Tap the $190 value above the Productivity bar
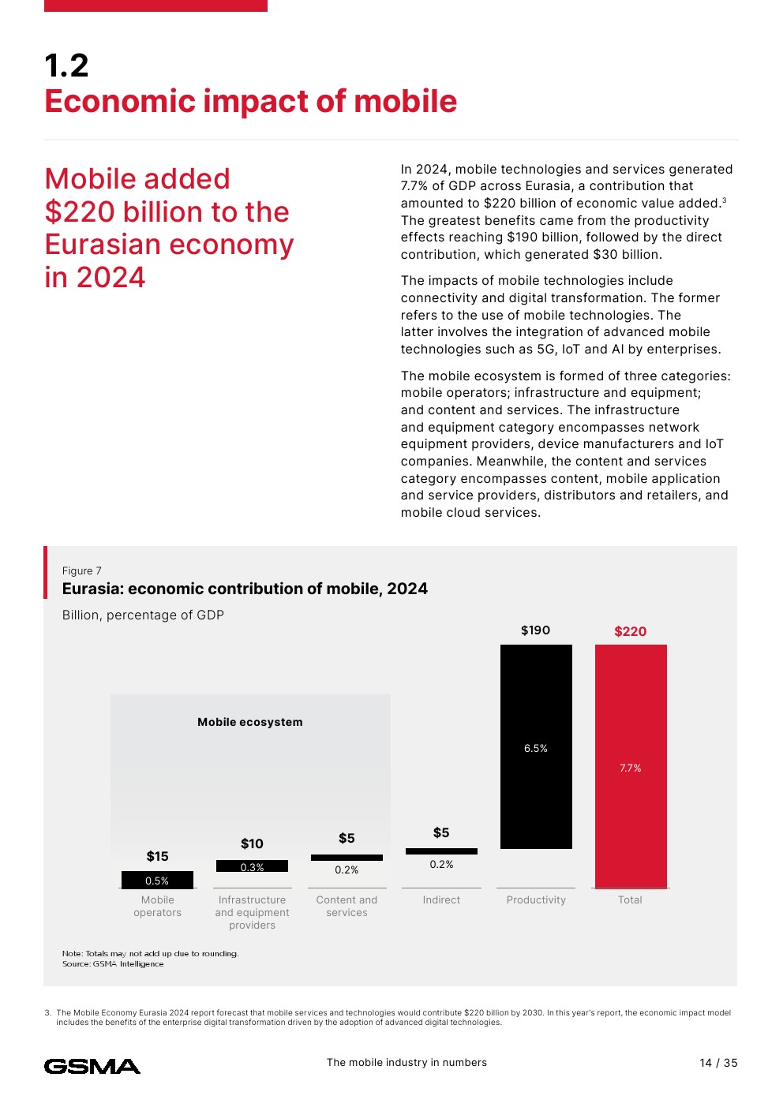point(536,630)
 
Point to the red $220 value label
point(631,631)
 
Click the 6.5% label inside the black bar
point(536,749)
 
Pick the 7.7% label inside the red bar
point(631,768)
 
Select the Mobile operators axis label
point(158,906)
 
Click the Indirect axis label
point(441,899)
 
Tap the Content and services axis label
point(347,906)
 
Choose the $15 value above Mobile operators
point(158,856)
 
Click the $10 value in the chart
point(252,843)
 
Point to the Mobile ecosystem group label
point(250,722)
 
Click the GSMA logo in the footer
point(92,1067)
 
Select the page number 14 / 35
point(718,1063)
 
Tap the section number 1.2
point(67,65)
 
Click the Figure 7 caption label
point(82,570)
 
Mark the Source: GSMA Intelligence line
point(113,964)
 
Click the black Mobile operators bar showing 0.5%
point(157,880)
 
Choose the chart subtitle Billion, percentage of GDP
point(143,615)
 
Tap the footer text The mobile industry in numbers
point(406,1063)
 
